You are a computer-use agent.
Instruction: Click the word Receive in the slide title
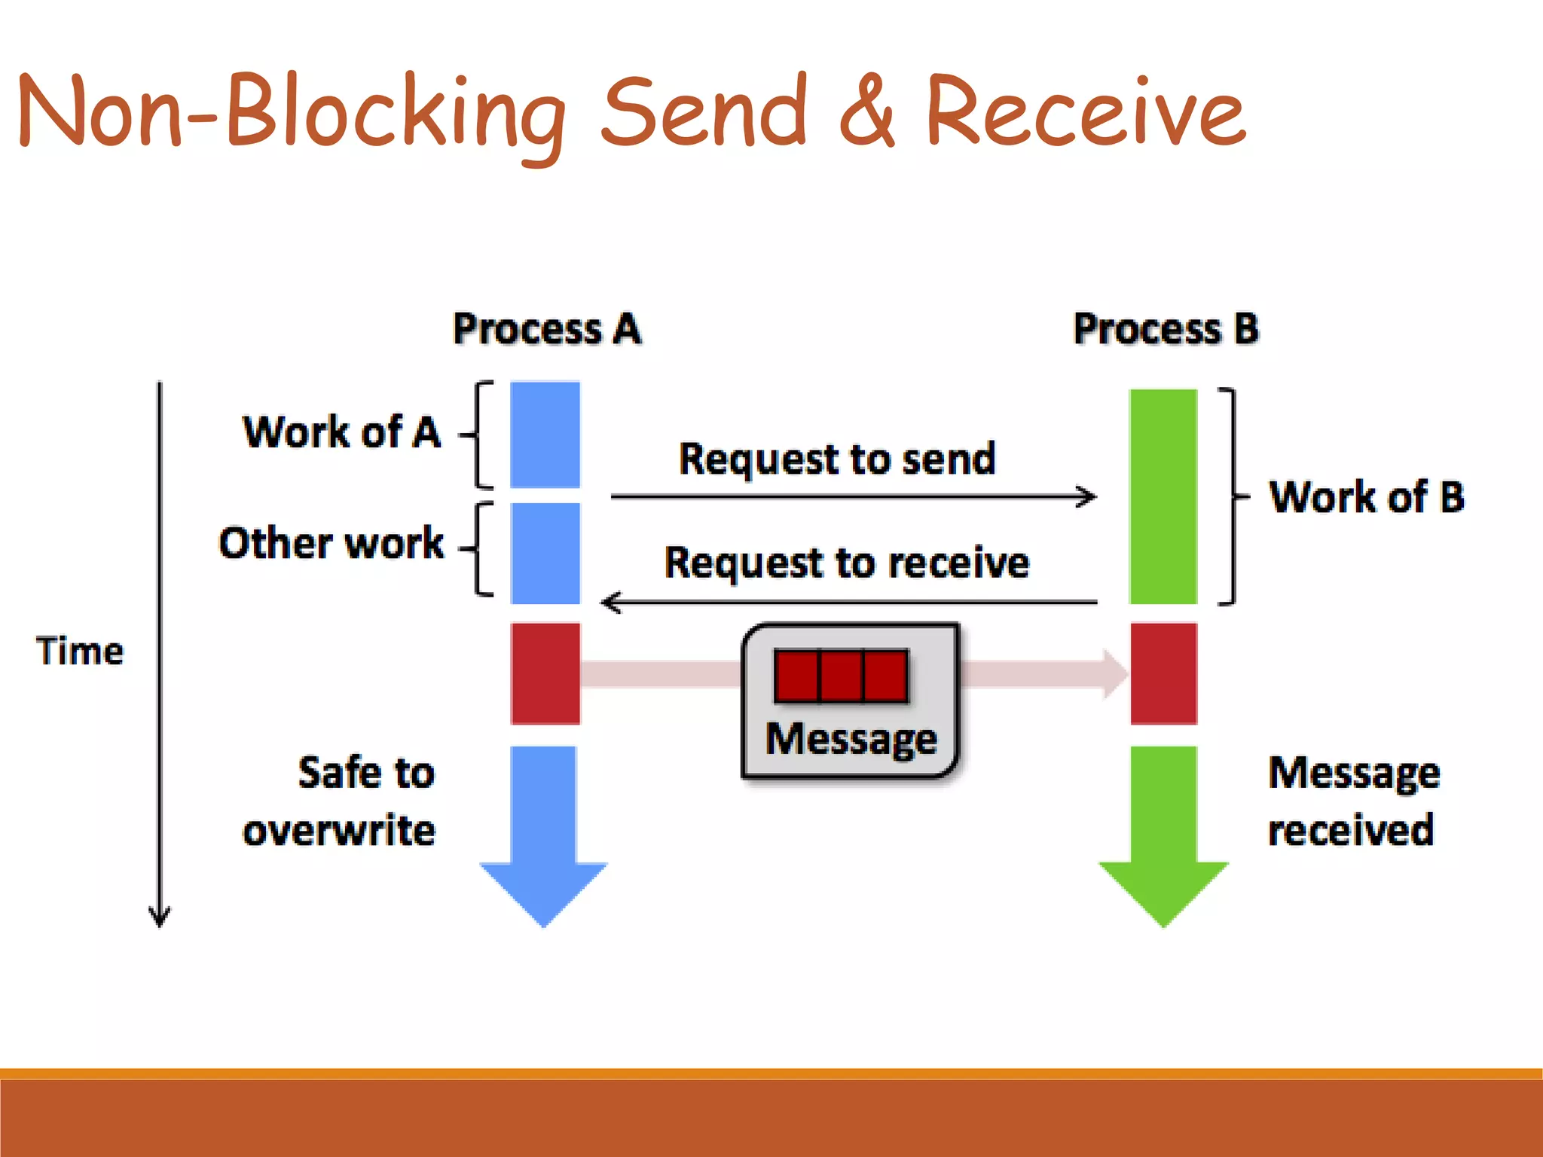[1085, 113]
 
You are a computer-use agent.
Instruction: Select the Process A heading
[547, 329]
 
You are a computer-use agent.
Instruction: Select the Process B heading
[1166, 329]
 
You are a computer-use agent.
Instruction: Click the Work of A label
[341, 432]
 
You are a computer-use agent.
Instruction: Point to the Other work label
[332, 543]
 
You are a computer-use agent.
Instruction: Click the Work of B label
[1367, 497]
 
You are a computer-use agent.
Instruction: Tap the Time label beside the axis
[80, 651]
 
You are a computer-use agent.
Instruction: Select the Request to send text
[837, 459]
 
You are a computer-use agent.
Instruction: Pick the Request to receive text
[846, 563]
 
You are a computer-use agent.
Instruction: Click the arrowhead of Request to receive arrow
[609, 603]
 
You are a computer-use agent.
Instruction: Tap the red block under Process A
[545, 673]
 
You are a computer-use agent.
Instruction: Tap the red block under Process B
[1163, 673]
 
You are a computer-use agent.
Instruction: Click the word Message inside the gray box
[851, 739]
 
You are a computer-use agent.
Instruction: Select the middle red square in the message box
[841, 676]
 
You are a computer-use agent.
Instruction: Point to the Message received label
[1354, 801]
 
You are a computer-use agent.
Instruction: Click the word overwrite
[339, 831]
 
